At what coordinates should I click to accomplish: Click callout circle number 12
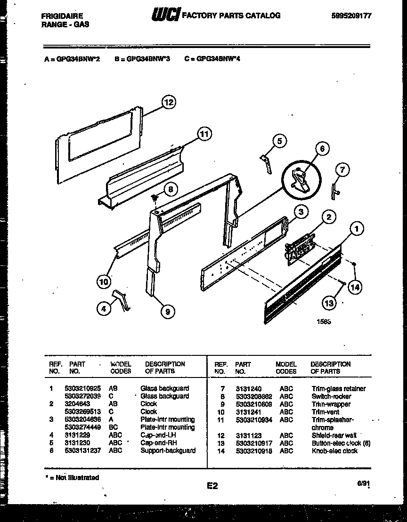[168, 102]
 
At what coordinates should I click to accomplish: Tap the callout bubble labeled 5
[279, 141]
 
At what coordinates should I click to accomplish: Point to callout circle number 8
[170, 190]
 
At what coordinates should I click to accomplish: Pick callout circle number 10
[104, 282]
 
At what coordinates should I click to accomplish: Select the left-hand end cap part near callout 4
[121, 300]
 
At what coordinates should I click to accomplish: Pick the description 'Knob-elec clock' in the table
[334, 451]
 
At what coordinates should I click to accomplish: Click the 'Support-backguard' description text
[168, 450]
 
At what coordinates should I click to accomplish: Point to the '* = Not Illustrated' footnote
[72, 477]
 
